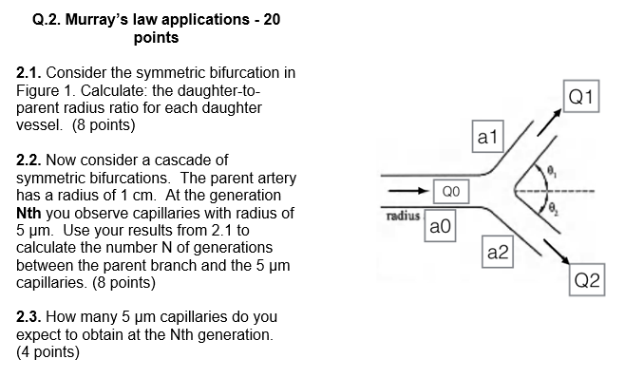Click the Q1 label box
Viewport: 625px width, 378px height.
tap(582, 97)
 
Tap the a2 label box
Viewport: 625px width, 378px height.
tap(498, 252)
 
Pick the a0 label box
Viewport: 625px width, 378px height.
tap(441, 227)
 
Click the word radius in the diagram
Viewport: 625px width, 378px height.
tap(403, 216)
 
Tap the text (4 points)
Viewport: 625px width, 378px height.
tap(48, 352)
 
